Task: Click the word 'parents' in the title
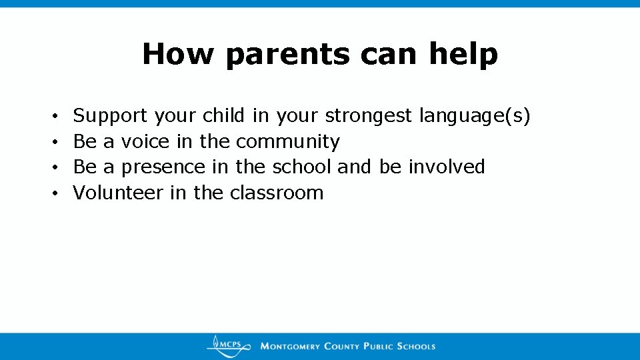click(287, 55)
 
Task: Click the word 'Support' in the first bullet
click(110, 117)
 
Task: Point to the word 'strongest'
click(369, 117)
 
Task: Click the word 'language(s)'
click(475, 117)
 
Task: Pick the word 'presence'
click(163, 167)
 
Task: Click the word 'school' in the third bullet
click(303, 167)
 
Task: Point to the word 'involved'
click(446, 167)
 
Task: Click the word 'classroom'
click(276, 193)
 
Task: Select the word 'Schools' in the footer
click(416, 346)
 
